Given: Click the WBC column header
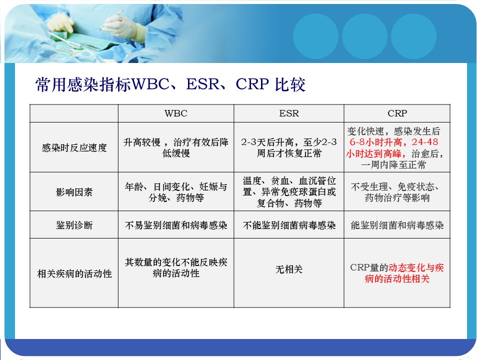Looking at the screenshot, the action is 175,113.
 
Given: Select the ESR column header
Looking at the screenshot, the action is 288,113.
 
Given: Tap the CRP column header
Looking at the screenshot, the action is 397,113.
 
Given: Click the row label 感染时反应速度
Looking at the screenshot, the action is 74,148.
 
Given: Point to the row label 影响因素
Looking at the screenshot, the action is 74,192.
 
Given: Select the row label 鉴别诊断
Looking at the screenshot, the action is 74,225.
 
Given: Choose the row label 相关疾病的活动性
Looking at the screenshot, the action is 74,273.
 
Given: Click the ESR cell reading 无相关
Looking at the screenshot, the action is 288,269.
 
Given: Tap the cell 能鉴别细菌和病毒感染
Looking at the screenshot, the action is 397,225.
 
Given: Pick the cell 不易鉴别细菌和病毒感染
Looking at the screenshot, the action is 176,225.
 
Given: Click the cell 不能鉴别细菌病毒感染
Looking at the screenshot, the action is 289,225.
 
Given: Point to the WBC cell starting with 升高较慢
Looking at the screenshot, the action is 176,147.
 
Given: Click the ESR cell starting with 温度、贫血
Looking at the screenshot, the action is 289,192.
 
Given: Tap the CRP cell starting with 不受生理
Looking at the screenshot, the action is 397,192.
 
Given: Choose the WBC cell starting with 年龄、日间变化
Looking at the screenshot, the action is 176,192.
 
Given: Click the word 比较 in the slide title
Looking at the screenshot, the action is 290,84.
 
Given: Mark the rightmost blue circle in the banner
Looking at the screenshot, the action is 413,36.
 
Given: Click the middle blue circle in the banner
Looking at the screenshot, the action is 364,36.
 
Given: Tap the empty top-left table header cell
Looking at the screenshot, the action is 74,113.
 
